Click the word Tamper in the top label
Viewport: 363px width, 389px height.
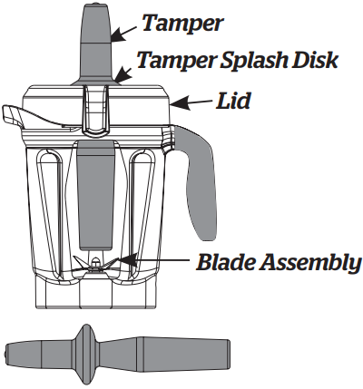pos(182,23)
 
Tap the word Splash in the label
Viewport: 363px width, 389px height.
pos(253,60)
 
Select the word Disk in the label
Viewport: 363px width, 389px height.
pos(314,59)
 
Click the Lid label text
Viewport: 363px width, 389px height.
pos(233,101)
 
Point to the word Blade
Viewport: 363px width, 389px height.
pos(226,262)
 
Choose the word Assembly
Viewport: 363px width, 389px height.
pos(311,264)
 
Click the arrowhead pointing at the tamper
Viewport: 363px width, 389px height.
pos(118,34)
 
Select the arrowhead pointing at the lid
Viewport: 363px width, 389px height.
pos(180,102)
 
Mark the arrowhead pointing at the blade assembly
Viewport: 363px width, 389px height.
pos(129,260)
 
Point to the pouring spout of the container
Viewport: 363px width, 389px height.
pos(12,115)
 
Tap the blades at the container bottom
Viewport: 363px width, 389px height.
pos(95,264)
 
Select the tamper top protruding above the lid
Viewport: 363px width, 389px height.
pos(95,43)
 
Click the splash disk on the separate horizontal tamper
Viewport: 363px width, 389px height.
pos(87,355)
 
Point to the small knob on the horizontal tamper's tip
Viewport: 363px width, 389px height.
pos(6,355)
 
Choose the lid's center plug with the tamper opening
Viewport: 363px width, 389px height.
pos(95,109)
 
